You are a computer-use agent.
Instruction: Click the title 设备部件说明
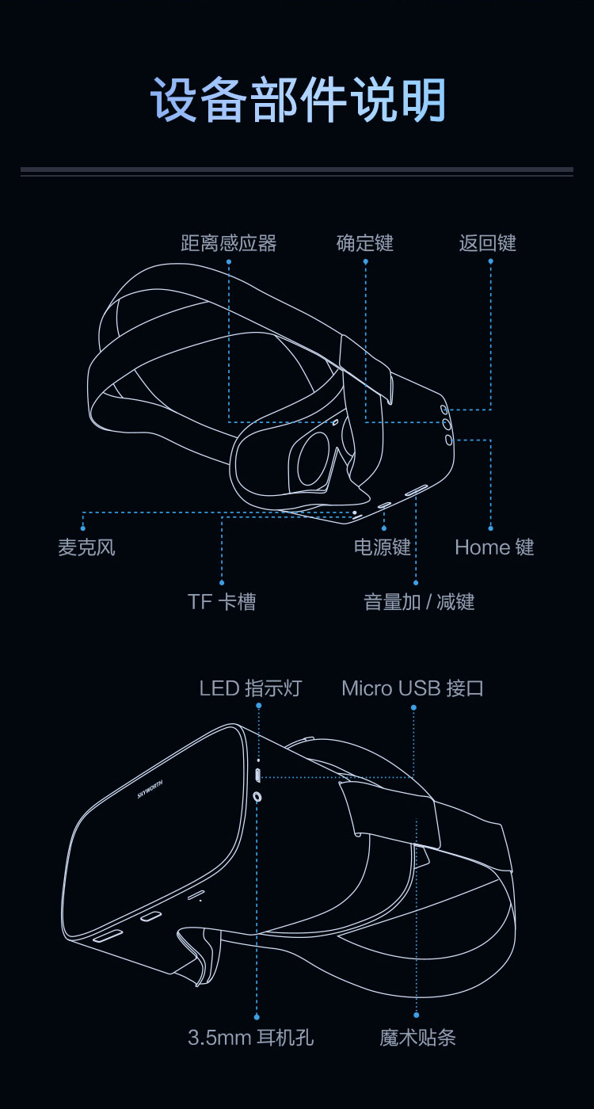click(298, 99)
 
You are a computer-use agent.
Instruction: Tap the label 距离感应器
click(229, 243)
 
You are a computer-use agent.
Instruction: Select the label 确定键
click(365, 243)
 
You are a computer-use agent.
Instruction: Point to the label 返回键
click(488, 243)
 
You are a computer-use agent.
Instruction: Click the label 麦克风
click(86, 547)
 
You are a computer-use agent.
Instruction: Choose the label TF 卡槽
click(222, 601)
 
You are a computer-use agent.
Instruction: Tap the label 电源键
click(382, 547)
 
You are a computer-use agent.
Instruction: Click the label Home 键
click(494, 547)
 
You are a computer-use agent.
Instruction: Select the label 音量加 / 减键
click(419, 601)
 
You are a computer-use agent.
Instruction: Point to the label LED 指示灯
click(250, 688)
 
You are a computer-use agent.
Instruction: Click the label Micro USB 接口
click(413, 688)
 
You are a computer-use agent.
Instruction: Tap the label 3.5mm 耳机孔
click(250, 1037)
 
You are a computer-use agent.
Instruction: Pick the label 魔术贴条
click(417, 1037)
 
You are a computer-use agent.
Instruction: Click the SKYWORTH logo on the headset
click(150, 789)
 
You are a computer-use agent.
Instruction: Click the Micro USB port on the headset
click(258, 776)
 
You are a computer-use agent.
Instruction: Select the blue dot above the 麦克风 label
click(82, 528)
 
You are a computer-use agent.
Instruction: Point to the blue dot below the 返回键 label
click(490, 261)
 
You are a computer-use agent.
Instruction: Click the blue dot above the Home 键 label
click(490, 528)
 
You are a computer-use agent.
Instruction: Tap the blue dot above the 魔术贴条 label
click(417, 1016)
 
